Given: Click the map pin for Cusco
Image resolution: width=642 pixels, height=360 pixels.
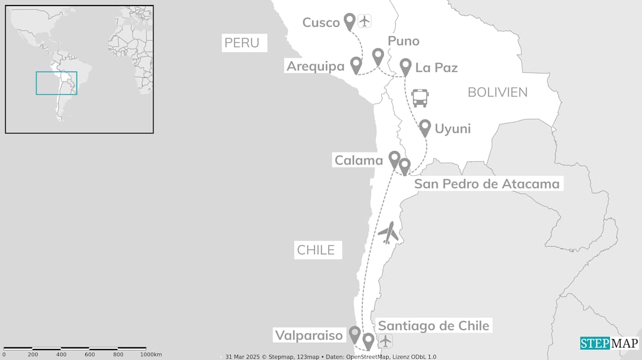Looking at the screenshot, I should pyautogui.click(x=350, y=21).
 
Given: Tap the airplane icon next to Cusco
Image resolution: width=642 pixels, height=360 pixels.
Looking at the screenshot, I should pyautogui.click(x=364, y=22).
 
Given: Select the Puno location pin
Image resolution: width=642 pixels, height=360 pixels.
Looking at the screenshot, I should pyautogui.click(x=378, y=56).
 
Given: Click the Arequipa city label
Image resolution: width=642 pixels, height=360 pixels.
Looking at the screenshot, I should pyautogui.click(x=315, y=66).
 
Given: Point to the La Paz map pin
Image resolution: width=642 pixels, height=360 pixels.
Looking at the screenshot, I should pyautogui.click(x=406, y=66).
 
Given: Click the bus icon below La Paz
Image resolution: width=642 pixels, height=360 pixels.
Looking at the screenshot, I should pyautogui.click(x=420, y=98).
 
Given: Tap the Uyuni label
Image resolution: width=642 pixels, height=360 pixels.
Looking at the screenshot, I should pyautogui.click(x=452, y=128).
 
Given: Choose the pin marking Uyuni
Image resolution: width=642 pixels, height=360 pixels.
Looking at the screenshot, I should pyautogui.click(x=425, y=127).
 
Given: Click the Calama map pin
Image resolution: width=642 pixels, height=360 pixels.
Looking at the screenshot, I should pyautogui.click(x=395, y=158).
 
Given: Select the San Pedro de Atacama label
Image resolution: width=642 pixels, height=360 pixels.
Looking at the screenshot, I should pyautogui.click(x=487, y=184).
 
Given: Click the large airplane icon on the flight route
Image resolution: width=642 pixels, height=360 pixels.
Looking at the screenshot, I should pyautogui.click(x=388, y=233).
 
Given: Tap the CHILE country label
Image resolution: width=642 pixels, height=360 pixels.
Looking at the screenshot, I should pyautogui.click(x=315, y=250).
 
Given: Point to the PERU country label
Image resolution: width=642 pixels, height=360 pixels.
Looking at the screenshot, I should pyautogui.click(x=242, y=43).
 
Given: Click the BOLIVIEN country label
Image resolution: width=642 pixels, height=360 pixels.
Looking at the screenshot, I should pyautogui.click(x=498, y=92).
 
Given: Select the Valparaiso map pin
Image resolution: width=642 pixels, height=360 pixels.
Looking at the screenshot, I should pyautogui.click(x=355, y=333).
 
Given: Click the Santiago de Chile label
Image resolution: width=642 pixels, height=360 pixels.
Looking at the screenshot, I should pyautogui.click(x=433, y=325).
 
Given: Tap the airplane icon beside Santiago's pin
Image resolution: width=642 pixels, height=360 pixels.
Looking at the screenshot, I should pyautogui.click(x=385, y=340).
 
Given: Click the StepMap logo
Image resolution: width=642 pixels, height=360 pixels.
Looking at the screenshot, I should pyautogui.click(x=609, y=343).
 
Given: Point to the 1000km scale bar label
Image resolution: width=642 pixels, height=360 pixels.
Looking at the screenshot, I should pyautogui.click(x=151, y=355).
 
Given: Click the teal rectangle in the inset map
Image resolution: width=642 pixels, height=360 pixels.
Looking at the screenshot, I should pyautogui.click(x=56, y=83).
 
